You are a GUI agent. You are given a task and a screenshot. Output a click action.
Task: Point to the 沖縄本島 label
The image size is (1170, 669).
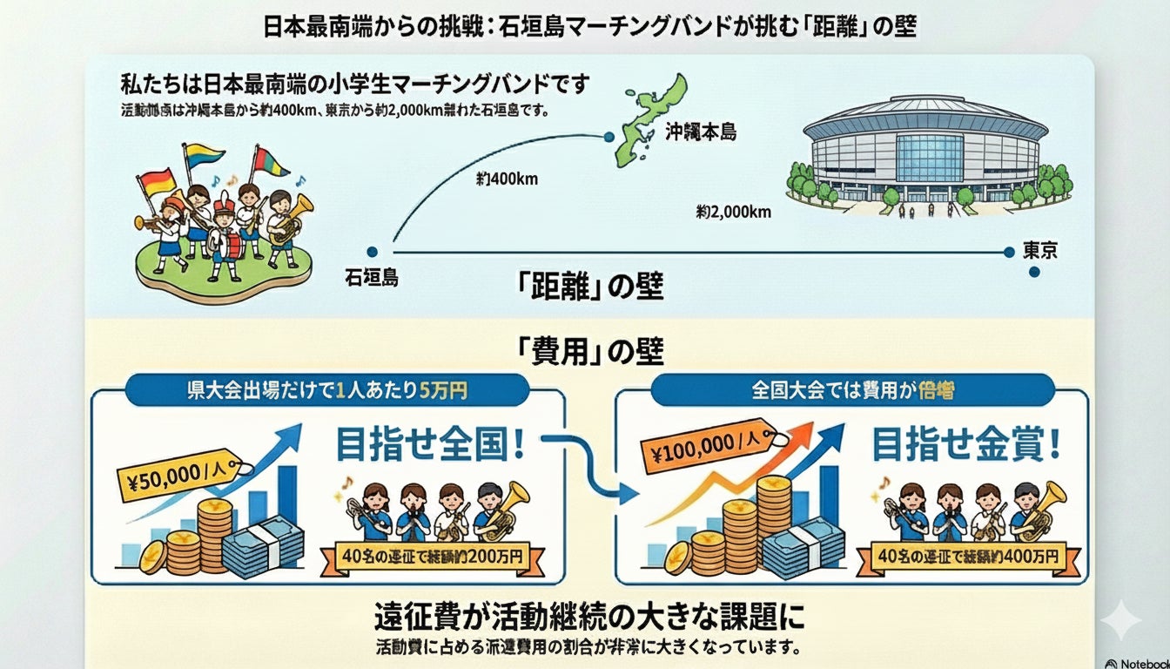click(703, 133)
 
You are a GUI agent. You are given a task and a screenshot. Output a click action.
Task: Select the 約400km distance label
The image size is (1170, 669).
click(507, 180)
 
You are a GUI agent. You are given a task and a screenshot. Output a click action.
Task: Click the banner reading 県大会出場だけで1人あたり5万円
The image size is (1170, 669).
click(327, 391)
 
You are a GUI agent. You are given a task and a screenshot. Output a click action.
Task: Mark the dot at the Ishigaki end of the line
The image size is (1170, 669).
click(373, 251)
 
